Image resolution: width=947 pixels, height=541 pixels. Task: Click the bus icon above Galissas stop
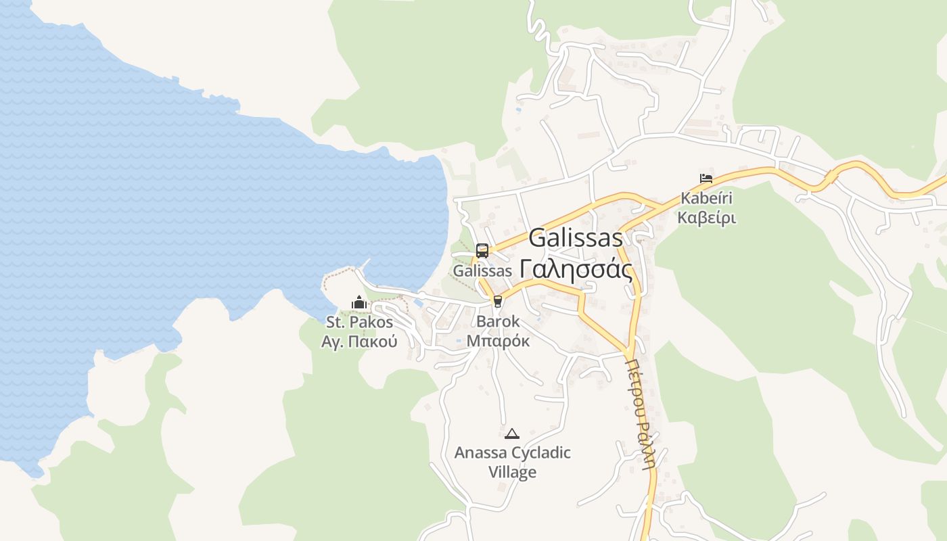pyautogui.click(x=482, y=251)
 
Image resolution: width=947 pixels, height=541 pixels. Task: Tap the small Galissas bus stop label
pyautogui.click(x=482, y=270)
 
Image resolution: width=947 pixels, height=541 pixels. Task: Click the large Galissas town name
pyautogui.click(x=576, y=238)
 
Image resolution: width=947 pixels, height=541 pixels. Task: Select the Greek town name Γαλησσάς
pyautogui.click(x=577, y=269)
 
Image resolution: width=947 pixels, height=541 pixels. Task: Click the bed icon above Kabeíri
pyautogui.click(x=706, y=179)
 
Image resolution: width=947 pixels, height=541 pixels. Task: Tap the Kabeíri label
pyautogui.click(x=707, y=199)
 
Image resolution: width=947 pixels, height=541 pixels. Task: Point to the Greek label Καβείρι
pyautogui.click(x=707, y=218)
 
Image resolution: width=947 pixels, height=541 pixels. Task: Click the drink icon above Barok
pyautogui.click(x=499, y=301)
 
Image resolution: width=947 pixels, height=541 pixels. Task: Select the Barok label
pyautogui.click(x=499, y=321)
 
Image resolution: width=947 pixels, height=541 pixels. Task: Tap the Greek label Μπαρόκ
pyautogui.click(x=499, y=341)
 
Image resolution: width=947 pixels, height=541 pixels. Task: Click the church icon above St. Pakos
pyautogui.click(x=359, y=302)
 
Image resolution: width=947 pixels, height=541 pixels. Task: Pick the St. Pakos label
pyautogui.click(x=359, y=322)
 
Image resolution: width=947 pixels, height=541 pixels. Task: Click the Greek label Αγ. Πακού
pyautogui.click(x=359, y=342)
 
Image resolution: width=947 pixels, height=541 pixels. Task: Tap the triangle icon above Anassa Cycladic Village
pyautogui.click(x=512, y=433)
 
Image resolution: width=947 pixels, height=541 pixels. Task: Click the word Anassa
pyautogui.click(x=480, y=452)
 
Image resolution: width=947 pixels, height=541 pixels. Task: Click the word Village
pyautogui.click(x=513, y=472)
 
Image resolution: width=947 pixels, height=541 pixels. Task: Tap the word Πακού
pyautogui.click(x=374, y=342)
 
